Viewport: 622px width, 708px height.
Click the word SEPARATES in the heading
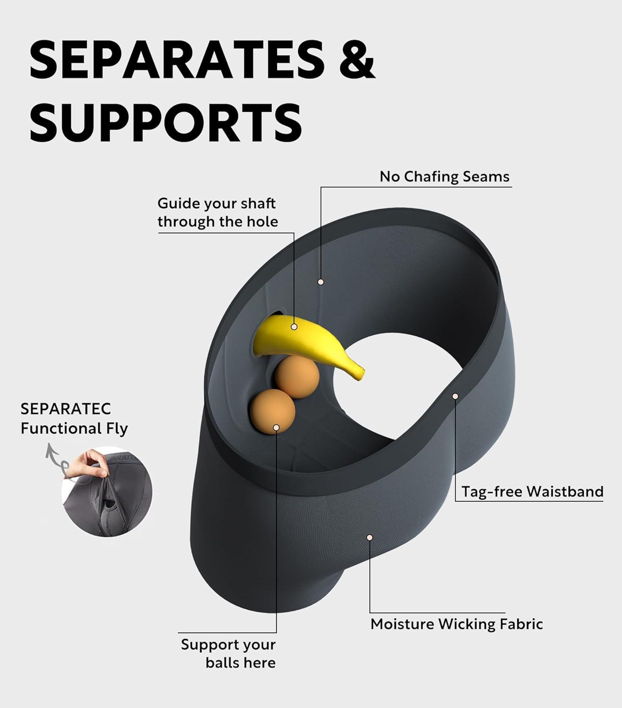(x=177, y=60)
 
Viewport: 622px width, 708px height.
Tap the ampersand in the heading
(x=357, y=60)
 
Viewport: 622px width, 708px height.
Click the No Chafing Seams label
(x=445, y=177)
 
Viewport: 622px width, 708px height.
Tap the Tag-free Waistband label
(x=532, y=491)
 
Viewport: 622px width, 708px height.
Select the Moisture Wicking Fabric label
(x=456, y=624)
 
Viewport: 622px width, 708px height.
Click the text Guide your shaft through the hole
(x=217, y=212)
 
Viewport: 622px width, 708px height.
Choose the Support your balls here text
(x=228, y=653)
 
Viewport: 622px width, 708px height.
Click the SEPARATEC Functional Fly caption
(x=74, y=419)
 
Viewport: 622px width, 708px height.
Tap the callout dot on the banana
(x=294, y=326)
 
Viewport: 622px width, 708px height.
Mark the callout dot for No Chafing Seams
(x=321, y=282)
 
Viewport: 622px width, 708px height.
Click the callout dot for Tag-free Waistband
(x=455, y=396)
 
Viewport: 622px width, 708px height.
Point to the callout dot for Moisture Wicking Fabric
(x=370, y=538)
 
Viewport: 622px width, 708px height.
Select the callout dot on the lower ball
(x=276, y=428)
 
